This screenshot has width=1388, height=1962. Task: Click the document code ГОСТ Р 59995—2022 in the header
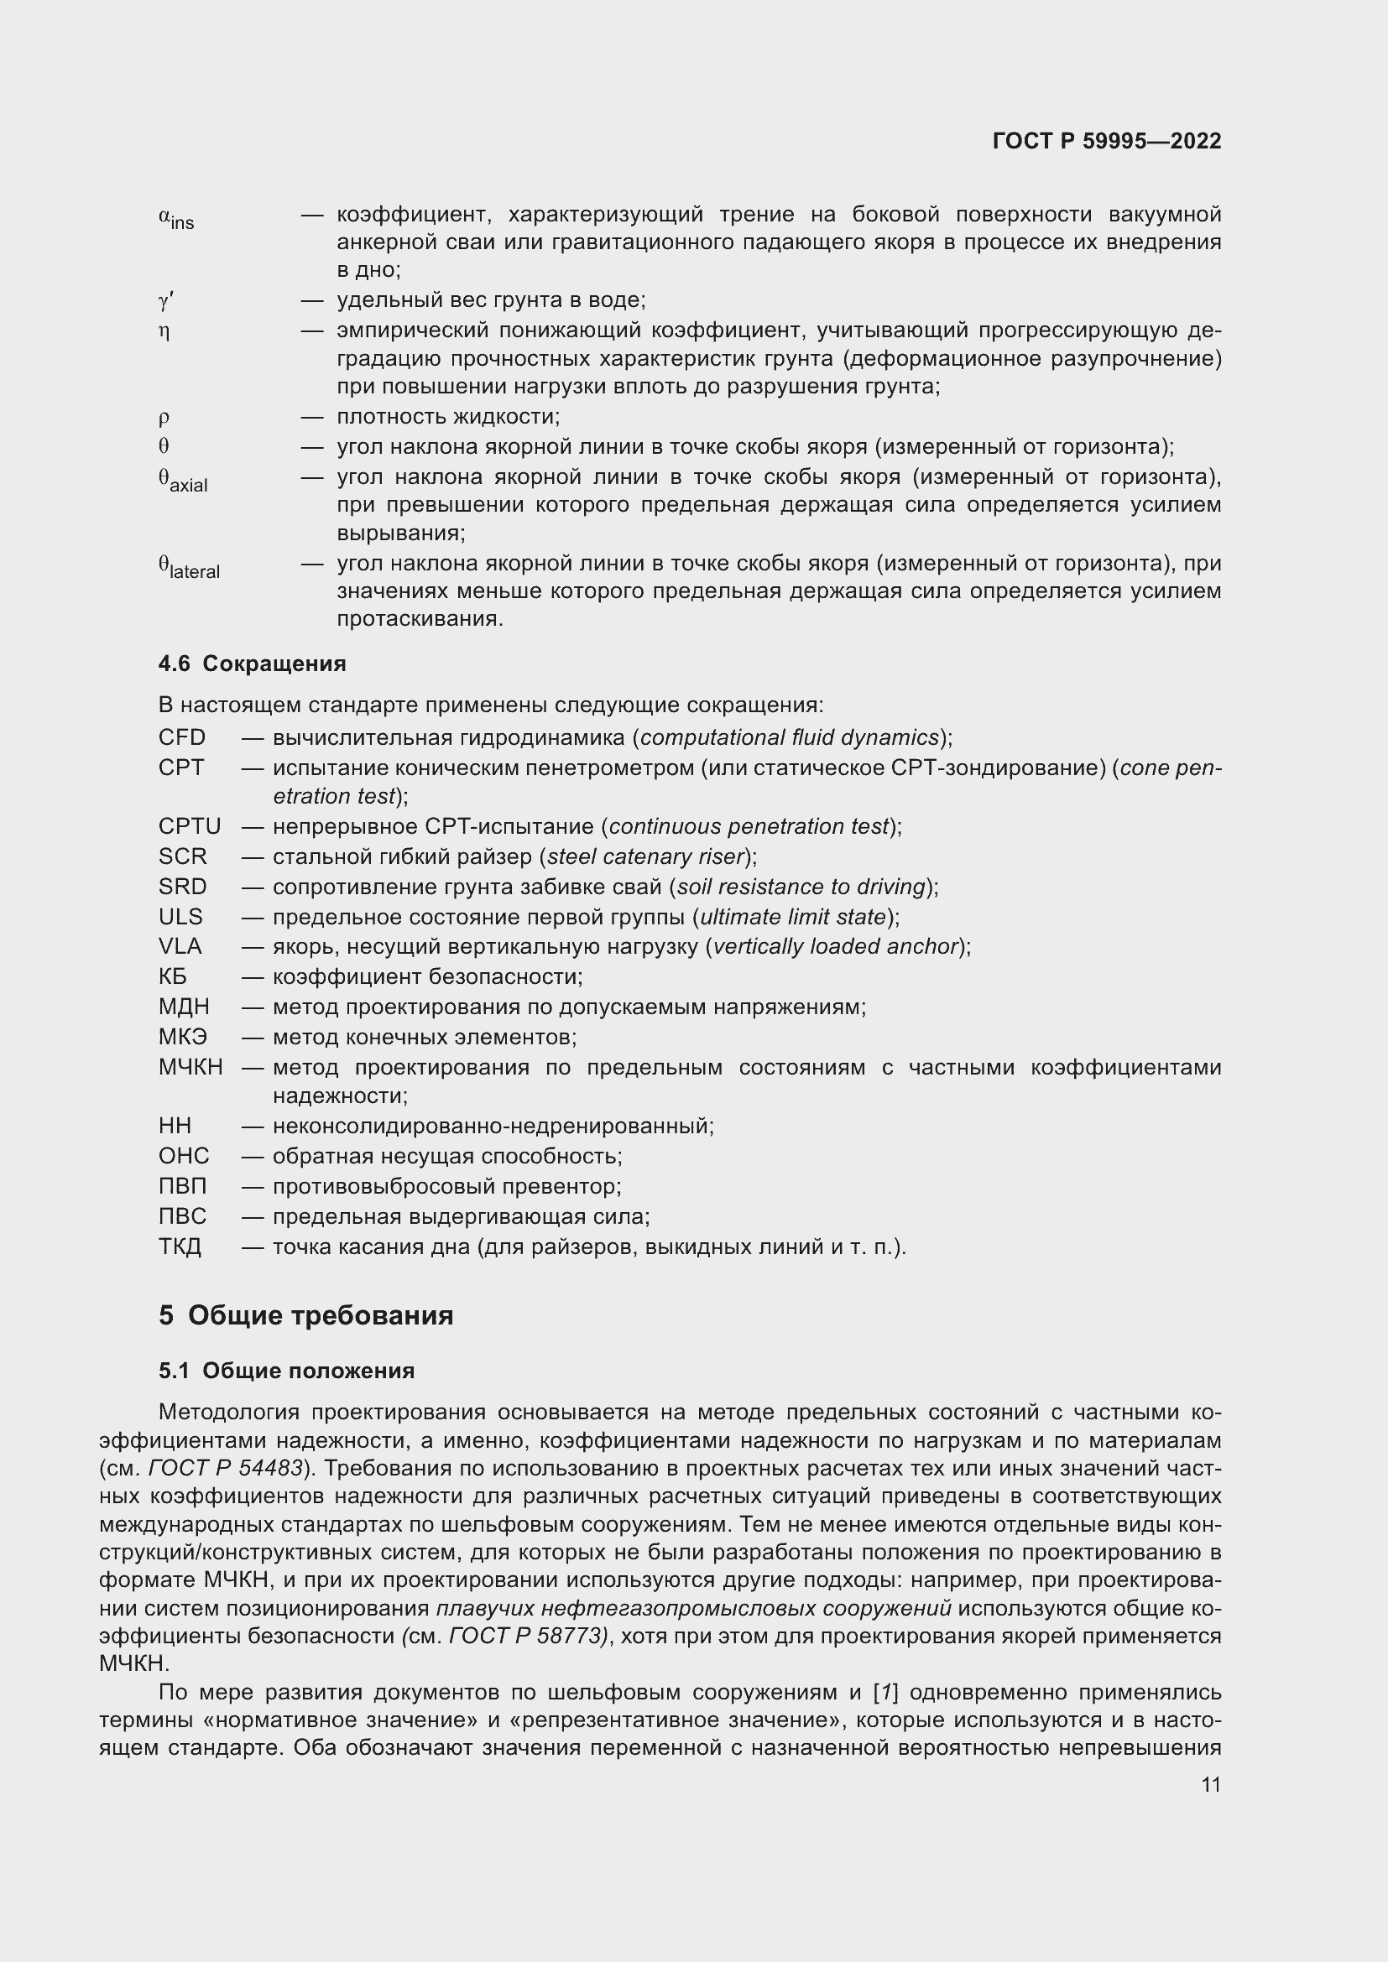(1106, 141)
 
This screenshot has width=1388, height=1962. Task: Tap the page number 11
(1210, 1784)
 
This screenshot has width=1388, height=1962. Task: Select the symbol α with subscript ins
(176, 219)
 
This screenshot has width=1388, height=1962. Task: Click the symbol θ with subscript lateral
(189, 567)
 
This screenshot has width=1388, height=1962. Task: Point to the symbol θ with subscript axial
(183, 481)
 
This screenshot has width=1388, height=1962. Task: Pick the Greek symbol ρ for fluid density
(164, 417)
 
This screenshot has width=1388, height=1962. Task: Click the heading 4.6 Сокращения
(252, 664)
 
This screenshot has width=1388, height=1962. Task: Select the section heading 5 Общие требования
(305, 1314)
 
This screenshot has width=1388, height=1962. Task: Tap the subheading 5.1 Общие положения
(286, 1371)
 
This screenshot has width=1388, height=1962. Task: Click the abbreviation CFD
(182, 737)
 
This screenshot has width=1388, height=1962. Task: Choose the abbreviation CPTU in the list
(190, 826)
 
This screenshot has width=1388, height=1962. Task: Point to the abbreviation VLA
(180, 946)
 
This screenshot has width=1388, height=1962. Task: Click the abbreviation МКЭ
(183, 1037)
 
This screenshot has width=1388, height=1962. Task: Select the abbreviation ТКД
(180, 1246)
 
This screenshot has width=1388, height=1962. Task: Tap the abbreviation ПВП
(183, 1186)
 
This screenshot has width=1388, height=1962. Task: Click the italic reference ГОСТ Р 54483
(226, 1468)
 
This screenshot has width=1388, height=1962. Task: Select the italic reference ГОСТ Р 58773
(527, 1636)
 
